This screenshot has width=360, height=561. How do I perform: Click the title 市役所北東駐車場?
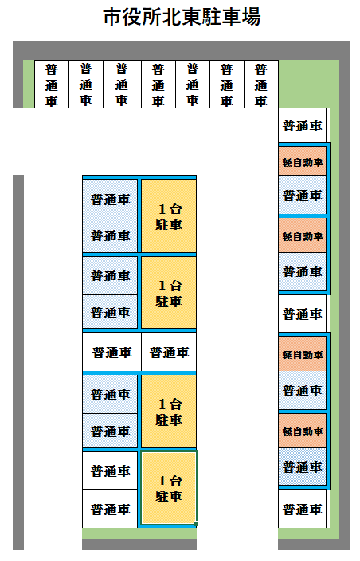(182, 17)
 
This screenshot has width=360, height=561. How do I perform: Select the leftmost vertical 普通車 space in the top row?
(52, 84)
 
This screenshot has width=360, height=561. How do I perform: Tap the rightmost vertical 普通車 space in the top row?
(261, 84)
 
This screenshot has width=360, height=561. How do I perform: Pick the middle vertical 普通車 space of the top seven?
(158, 84)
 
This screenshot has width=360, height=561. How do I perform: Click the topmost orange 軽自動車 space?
(302, 161)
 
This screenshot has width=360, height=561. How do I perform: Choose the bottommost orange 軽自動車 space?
(302, 430)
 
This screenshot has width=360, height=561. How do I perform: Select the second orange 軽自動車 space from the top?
(302, 235)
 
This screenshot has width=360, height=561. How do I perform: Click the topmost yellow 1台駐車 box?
(169, 216)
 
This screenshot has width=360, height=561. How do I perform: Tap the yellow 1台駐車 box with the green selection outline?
(169, 488)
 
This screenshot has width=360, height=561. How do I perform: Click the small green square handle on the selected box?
(196, 524)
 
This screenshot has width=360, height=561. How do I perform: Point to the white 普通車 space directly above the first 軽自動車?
(302, 125)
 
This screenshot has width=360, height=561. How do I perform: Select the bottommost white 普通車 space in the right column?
(302, 508)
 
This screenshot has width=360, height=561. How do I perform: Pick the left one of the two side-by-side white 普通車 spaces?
(112, 352)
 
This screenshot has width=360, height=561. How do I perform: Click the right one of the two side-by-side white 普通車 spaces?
(169, 352)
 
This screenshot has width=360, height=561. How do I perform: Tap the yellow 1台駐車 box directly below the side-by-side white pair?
(169, 411)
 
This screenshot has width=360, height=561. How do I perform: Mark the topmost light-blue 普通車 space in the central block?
(110, 199)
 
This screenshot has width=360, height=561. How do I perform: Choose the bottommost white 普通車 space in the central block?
(110, 508)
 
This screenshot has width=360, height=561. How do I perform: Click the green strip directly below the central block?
(139, 533)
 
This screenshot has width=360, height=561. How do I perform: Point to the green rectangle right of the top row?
(309, 84)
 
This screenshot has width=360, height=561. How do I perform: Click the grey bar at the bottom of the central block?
(139, 544)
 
